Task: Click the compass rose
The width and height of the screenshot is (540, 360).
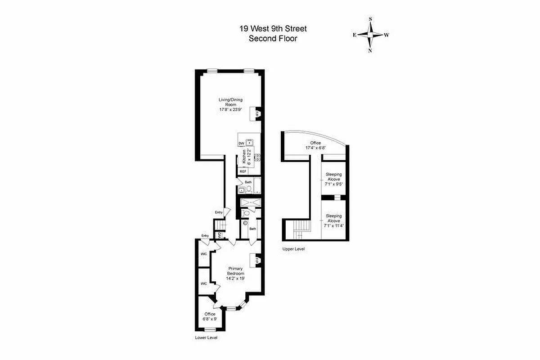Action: [370, 35]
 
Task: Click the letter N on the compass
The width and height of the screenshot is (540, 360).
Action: [370, 50]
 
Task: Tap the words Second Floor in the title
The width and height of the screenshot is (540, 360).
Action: [273, 38]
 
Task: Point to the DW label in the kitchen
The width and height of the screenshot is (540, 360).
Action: [241, 143]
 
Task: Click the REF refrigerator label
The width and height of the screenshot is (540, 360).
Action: [243, 171]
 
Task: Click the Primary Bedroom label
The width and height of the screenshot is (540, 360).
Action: [235, 274]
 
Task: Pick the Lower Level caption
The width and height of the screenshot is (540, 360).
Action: [206, 337]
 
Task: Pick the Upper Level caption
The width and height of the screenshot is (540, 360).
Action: [293, 249]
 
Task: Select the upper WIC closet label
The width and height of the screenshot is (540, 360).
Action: [203, 254]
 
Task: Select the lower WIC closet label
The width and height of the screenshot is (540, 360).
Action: [203, 283]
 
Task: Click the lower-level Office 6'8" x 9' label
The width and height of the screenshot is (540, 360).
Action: [210, 316]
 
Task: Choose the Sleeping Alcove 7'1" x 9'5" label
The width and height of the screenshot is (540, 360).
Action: [334, 179]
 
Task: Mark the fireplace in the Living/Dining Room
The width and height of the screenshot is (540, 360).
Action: [256, 114]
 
